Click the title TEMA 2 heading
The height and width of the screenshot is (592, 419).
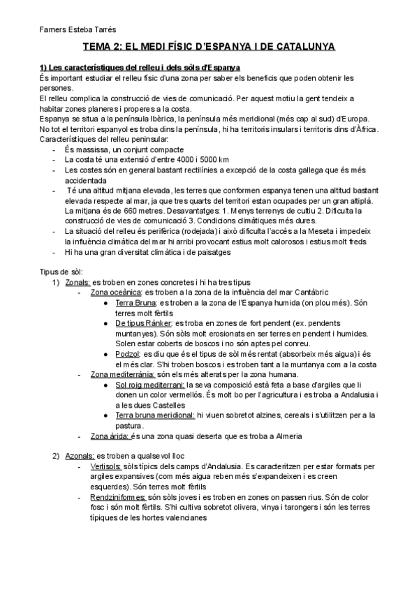click(209, 47)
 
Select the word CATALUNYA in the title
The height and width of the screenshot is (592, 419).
click(302, 47)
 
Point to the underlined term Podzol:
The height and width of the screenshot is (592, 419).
click(128, 355)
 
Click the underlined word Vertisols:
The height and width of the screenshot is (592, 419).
click(107, 466)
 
